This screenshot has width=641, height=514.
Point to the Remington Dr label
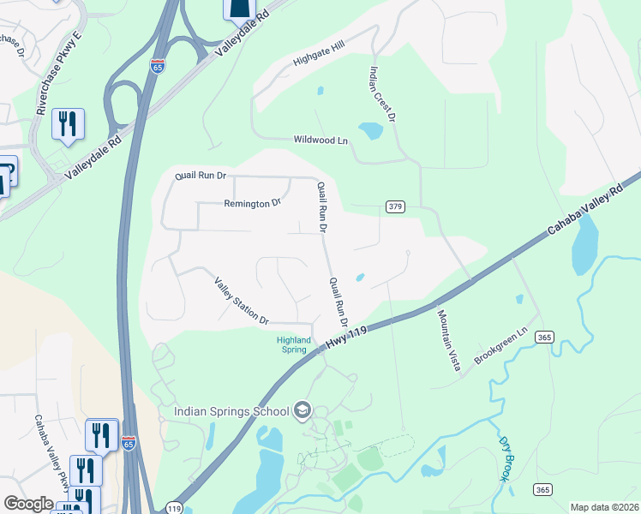point(252,204)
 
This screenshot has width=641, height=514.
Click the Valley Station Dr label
point(242,301)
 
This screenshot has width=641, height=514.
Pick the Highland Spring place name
point(293,344)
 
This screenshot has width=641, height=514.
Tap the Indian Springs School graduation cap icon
point(302,411)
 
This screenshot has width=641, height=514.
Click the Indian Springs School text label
point(231,411)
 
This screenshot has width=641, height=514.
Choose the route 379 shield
point(395,206)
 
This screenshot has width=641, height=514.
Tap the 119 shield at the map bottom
point(174,507)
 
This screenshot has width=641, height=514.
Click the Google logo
point(28,504)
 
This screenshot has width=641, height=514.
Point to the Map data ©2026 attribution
point(604,507)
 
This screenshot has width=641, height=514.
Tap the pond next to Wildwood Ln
point(370,131)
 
